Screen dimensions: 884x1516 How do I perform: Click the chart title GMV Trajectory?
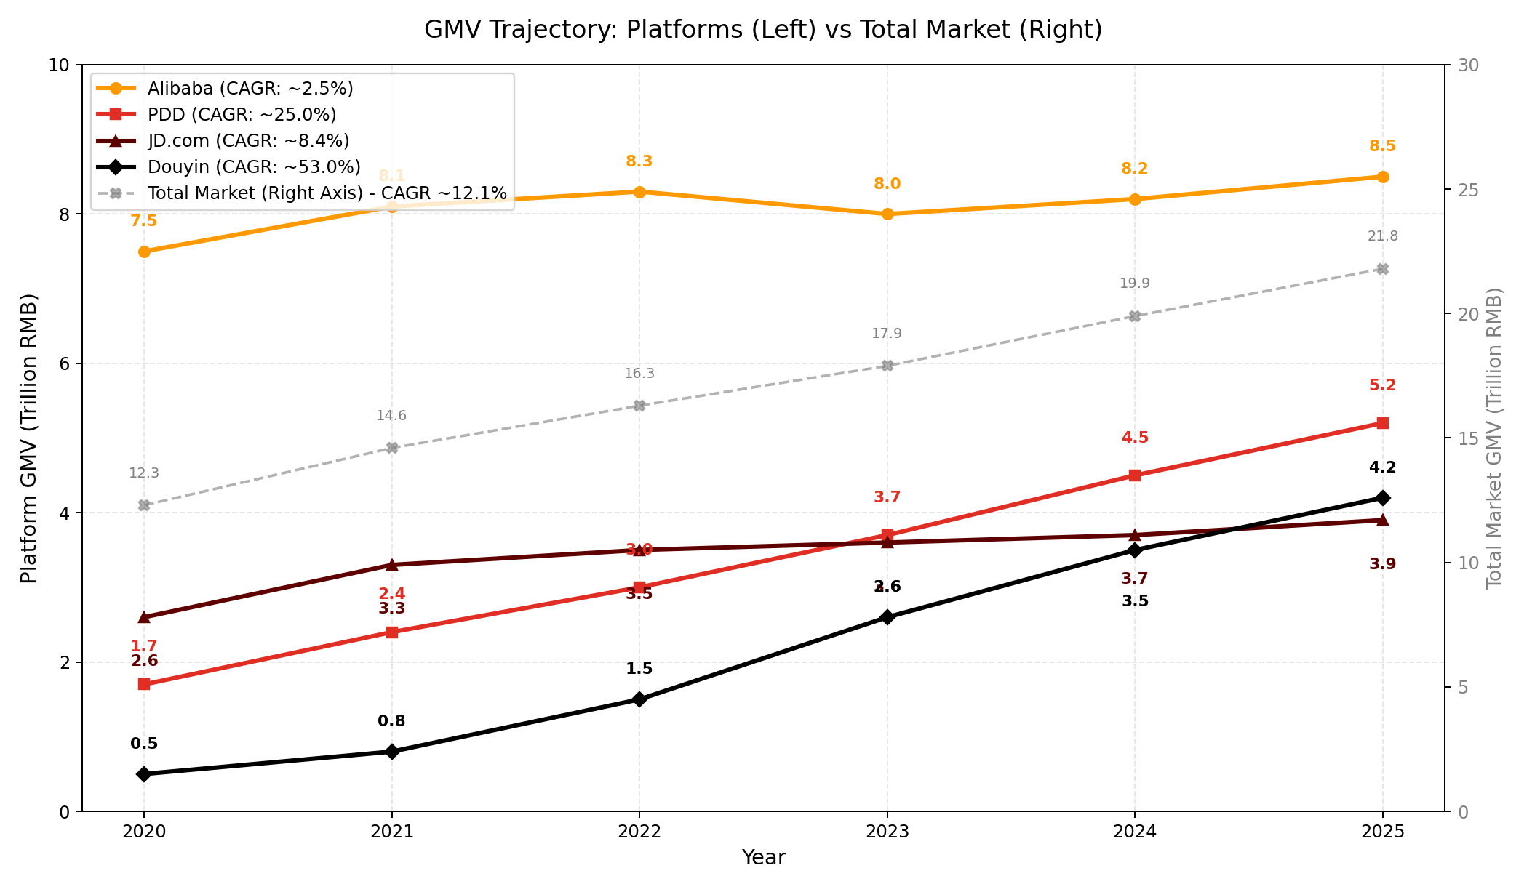tap(763, 30)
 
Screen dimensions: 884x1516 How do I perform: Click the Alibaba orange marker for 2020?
tap(144, 252)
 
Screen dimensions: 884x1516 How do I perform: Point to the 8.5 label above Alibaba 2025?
tap(1382, 146)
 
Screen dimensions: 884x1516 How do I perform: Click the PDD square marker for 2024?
tap(1134, 475)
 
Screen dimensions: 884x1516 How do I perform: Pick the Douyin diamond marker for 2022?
tap(639, 699)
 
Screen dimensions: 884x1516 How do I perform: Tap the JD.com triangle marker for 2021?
tap(391, 565)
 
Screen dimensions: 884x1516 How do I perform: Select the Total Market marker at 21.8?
tap(1382, 269)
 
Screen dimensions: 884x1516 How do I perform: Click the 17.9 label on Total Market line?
tap(887, 334)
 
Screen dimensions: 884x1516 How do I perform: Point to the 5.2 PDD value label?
tap(1382, 386)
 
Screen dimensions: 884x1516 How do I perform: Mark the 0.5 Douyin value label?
tap(144, 744)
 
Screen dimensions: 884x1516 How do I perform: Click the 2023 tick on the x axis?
tap(887, 831)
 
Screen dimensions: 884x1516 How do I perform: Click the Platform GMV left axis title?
tap(28, 438)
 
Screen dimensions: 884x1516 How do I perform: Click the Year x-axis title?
tap(763, 858)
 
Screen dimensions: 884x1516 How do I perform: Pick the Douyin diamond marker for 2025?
tap(1382, 498)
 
